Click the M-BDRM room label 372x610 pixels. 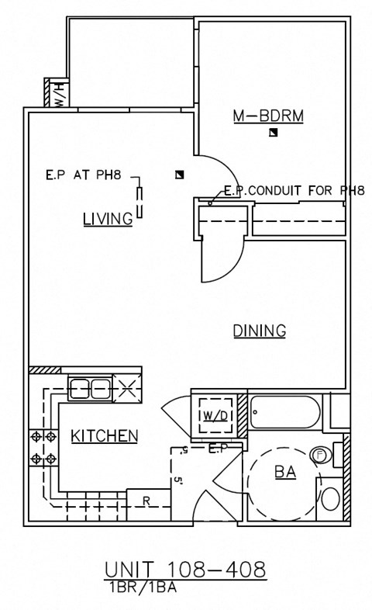point(268,116)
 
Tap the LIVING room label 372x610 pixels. point(107,219)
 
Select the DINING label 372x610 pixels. point(260,331)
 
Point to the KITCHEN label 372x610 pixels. point(105,436)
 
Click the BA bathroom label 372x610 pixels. point(285,471)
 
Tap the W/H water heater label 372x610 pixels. point(57,94)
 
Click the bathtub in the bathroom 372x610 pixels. point(284,414)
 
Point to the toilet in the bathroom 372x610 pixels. point(330,497)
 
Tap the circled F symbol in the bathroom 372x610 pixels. point(318,454)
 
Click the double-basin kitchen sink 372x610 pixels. point(91,387)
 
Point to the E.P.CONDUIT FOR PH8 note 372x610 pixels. point(293,190)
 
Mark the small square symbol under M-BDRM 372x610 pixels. point(272,134)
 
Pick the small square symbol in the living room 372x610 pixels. point(180,175)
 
